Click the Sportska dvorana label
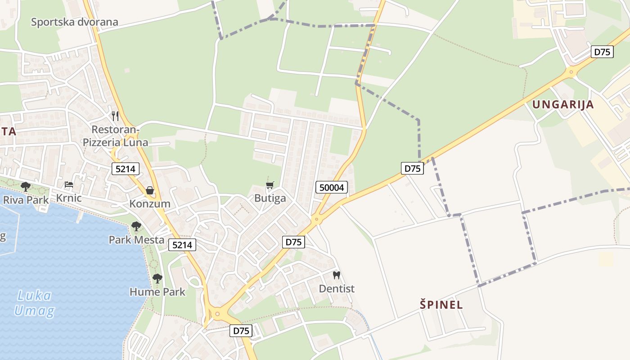[x=74, y=22]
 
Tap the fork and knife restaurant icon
[x=115, y=116]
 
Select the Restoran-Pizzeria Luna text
[x=116, y=136]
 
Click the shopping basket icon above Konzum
[x=150, y=190]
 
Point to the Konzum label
[x=150, y=204]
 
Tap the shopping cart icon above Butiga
[x=270, y=185]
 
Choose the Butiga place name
[x=270, y=198]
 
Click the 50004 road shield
[x=332, y=187]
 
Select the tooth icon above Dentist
[x=336, y=275]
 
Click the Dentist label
[x=337, y=288]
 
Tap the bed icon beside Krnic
[x=68, y=184]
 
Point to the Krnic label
[x=69, y=198]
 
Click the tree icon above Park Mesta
[x=136, y=226]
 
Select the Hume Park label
[x=157, y=292]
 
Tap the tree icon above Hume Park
[x=157, y=279]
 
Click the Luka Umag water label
[x=34, y=303]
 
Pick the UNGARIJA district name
[x=563, y=105]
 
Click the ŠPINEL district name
[x=441, y=305]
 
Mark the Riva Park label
[x=26, y=200]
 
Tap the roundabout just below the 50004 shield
[x=316, y=220]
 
